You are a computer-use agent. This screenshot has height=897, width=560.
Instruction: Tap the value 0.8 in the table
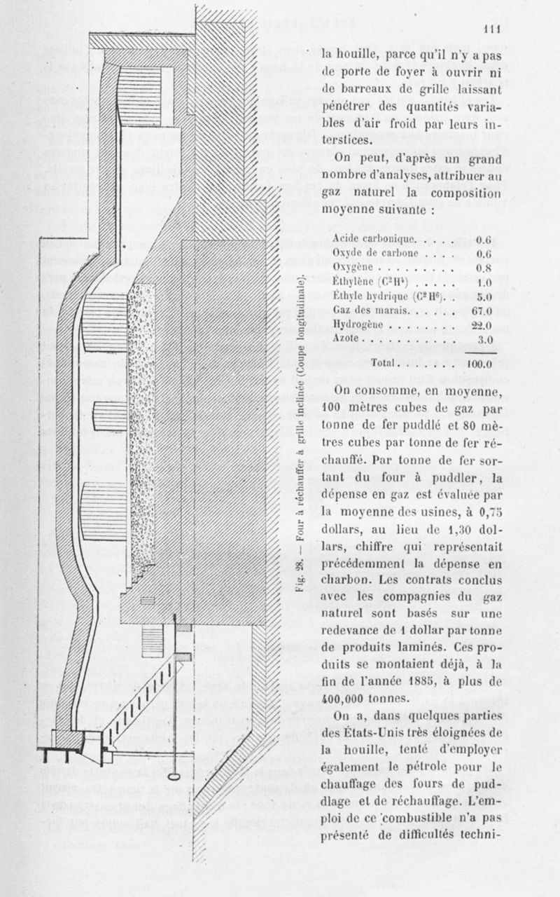coord(484,267)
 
